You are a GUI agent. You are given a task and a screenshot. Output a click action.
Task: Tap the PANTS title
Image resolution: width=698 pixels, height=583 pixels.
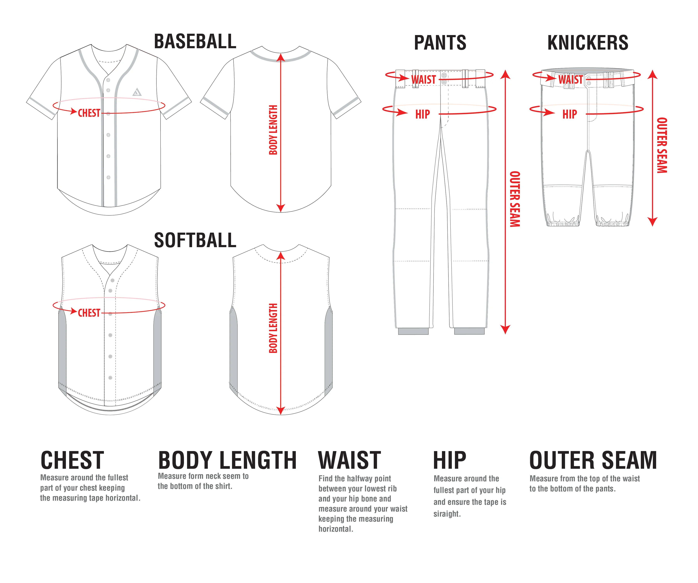[x=440, y=43]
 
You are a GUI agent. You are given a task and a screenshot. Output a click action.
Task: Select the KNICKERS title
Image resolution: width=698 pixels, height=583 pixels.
[x=588, y=43]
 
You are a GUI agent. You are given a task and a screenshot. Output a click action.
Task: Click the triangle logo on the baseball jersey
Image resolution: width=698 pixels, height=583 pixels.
[x=137, y=92]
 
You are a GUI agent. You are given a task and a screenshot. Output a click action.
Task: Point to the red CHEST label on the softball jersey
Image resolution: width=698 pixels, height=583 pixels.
[x=89, y=313]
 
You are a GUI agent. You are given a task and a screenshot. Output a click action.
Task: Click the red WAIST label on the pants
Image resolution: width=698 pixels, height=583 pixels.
[x=424, y=80]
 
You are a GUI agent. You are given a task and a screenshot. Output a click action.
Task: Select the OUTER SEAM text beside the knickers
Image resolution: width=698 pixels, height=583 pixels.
[x=662, y=145]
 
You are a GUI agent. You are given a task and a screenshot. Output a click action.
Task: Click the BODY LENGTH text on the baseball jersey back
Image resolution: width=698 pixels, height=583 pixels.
[x=273, y=130]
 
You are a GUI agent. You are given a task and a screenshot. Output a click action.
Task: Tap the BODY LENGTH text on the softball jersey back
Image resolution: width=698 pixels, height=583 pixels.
[x=273, y=328]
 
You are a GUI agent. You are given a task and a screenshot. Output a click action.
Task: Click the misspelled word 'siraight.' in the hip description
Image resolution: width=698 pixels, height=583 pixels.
[x=447, y=514]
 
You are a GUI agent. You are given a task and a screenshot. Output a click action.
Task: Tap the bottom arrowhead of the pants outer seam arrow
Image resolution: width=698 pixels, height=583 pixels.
[x=505, y=330]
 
